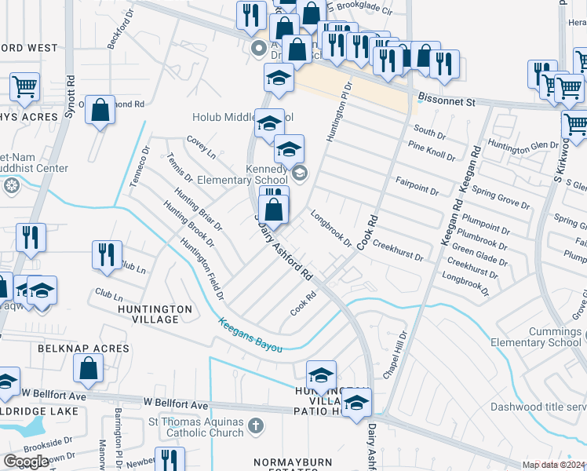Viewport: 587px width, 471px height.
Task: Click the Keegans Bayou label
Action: pyautogui.click(x=250, y=334)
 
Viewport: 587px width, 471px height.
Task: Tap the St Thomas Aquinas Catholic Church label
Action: pyautogui.click(x=196, y=428)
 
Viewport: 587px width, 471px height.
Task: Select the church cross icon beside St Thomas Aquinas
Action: pyautogui.click(x=255, y=426)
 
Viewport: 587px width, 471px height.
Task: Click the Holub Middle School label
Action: pyautogui.click(x=232, y=118)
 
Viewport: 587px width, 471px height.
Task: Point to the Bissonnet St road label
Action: pyautogui.click(x=447, y=101)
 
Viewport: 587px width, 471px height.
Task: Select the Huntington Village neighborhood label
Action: pyautogui.click(x=155, y=314)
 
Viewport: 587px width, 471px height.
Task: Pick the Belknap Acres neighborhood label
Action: pyautogui.click(x=83, y=348)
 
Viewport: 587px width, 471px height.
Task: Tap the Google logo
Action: pyautogui.click(x=26, y=462)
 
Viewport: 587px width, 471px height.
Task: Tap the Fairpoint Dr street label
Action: pyautogui.click(x=417, y=185)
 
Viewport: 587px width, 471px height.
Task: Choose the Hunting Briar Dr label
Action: pyautogui.click(x=199, y=212)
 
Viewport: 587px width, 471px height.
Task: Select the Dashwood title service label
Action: pyautogui.click(x=538, y=407)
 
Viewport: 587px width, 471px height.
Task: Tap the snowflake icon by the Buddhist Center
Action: pyautogui.click(x=12, y=186)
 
